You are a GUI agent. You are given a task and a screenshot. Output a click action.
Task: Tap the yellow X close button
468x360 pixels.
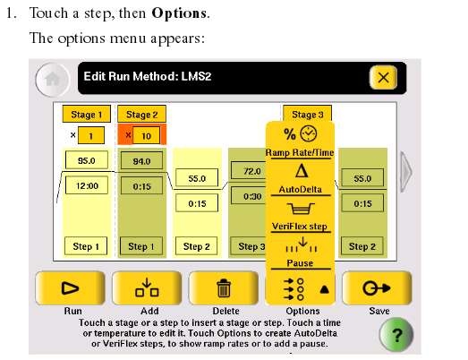point(383,78)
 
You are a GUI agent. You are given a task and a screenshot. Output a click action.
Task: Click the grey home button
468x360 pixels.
point(53,80)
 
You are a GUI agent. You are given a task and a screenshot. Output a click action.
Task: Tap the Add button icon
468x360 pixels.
point(147,288)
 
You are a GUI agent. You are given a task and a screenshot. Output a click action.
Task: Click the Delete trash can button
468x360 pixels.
point(224,288)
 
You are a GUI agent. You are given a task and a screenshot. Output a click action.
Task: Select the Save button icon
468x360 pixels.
point(377,288)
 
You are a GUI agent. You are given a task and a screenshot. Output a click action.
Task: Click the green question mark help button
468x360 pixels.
point(396,335)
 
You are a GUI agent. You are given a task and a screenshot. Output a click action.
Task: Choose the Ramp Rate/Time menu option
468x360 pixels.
point(300,141)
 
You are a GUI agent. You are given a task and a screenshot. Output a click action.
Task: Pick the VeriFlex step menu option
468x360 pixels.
point(300,216)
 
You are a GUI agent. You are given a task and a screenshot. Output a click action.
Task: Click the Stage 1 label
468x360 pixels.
point(87,114)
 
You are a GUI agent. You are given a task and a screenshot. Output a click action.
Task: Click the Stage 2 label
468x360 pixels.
point(141,114)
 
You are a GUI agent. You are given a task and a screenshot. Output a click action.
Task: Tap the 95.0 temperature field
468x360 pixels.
point(87,160)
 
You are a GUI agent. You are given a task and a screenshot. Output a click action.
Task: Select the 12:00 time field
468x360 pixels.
point(87,185)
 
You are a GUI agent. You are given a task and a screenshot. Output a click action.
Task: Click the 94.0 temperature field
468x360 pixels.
point(141,161)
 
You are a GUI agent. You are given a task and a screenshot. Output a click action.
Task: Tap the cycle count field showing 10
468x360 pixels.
point(146,135)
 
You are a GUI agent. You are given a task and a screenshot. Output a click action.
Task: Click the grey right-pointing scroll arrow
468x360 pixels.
point(406,172)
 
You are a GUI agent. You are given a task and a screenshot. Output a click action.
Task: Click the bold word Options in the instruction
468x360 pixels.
point(179,13)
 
